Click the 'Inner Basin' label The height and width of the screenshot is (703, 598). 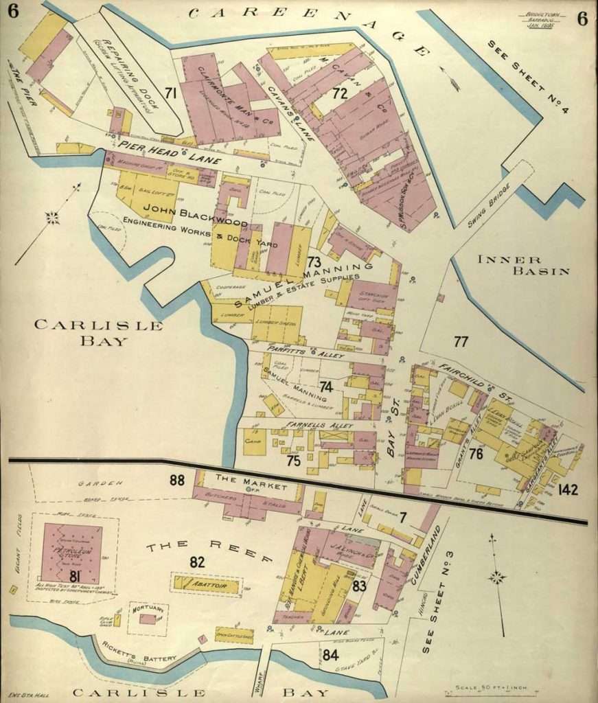524,264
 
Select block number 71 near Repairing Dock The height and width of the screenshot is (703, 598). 170,92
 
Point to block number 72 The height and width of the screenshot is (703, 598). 340,94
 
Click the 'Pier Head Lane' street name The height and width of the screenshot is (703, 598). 168,152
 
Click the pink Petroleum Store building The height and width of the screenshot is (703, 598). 71,553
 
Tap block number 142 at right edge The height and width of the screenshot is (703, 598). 568,489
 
